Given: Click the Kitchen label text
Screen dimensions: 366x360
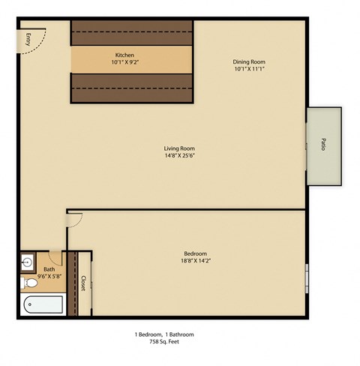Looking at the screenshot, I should point(124,55).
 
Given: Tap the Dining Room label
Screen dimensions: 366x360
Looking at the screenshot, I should point(249,61).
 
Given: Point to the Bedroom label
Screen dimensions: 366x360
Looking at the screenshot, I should point(195,253).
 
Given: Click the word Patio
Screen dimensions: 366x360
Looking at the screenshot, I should point(322,143).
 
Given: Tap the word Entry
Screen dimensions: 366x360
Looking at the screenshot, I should point(28,40).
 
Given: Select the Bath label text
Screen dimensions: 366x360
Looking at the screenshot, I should point(49,268).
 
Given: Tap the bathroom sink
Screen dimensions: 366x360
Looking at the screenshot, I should point(28,262).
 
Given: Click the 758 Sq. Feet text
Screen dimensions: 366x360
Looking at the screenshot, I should point(163,341).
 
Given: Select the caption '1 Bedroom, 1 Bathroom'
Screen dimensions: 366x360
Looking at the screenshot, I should point(163,334).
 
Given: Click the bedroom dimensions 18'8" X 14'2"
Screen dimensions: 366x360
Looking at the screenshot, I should point(195,261).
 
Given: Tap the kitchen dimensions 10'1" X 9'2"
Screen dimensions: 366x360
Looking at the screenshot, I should point(124,63).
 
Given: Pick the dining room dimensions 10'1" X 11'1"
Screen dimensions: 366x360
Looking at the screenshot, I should point(249,70).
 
